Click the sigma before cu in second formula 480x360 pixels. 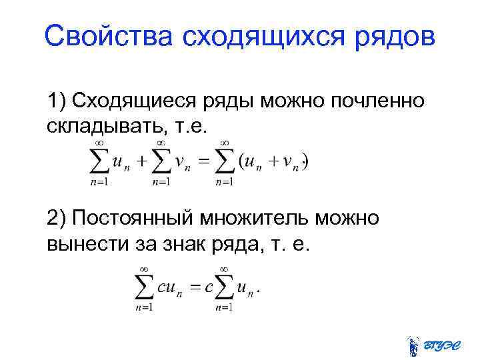pyautogui.click(x=144, y=289)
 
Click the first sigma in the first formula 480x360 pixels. pyautogui.click(x=99, y=162)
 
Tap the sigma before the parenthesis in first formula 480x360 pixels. pyautogui.click(x=225, y=162)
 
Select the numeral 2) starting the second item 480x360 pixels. pyautogui.click(x=57, y=218)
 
